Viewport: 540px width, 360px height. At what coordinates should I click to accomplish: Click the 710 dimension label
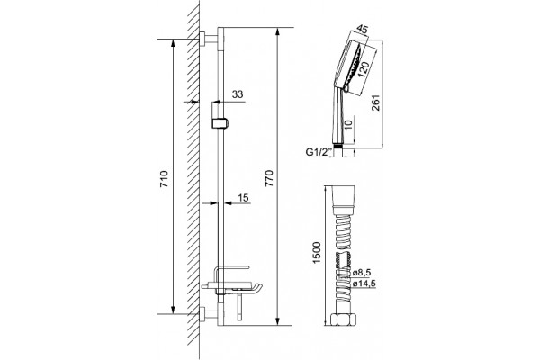pos(165,179)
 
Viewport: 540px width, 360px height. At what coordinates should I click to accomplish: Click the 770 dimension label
pos(269,178)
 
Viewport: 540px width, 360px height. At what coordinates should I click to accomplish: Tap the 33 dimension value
pos(238,94)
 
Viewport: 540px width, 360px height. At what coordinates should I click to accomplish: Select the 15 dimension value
pos(243,198)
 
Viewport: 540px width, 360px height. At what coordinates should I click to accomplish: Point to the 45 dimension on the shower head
pos(361,30)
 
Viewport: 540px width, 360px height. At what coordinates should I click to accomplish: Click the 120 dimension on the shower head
pos(364,70)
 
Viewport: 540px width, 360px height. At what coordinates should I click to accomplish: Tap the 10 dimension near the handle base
pos(348,124)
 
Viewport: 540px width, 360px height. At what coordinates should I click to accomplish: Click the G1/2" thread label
pos(319,152)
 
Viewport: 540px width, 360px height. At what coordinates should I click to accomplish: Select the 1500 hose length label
pos(317,253)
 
